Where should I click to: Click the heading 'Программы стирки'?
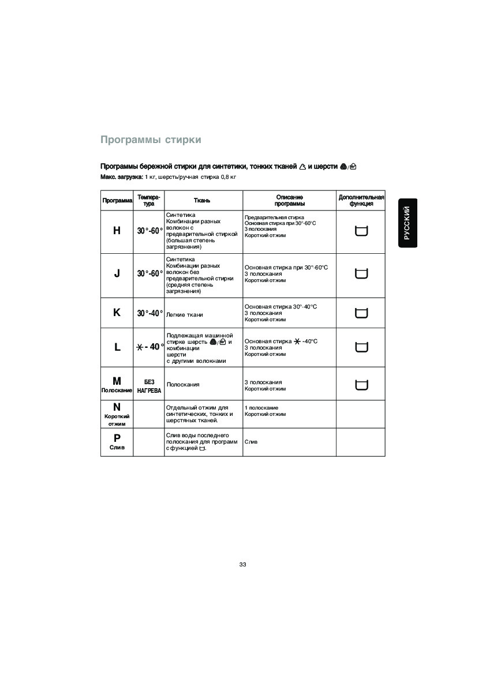pos(151,140)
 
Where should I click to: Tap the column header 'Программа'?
pos(117,201)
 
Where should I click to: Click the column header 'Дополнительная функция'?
pos(361,200)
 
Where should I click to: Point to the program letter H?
pos(117,231)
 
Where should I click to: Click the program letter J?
pos(117,273)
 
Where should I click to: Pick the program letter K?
pos(117,313)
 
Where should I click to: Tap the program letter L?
pos(117,347)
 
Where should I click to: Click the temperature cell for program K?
pos(149,313)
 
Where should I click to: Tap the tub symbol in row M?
pos(361,385)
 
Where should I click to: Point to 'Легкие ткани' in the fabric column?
pos(184,315)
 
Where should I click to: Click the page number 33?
pos(242,564)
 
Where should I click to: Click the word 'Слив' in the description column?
pos(251,442)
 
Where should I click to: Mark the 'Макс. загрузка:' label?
pos(122,177)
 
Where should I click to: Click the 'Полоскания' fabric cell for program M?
pos(183,384)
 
